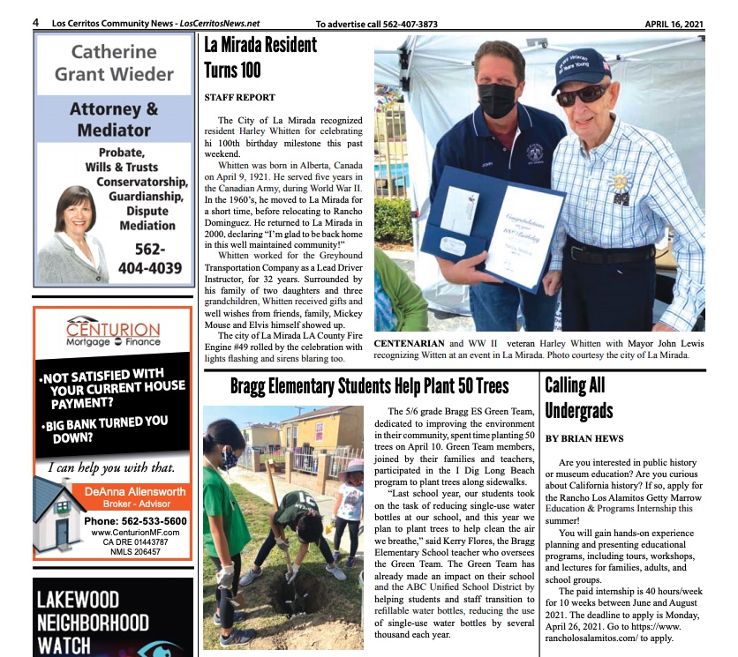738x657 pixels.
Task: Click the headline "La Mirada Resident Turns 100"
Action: click(x=260, y=57)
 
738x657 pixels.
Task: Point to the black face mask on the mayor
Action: click(x=497, y=100)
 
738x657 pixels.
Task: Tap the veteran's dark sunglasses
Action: click(x=582, y=94)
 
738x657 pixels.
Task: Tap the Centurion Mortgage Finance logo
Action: click(x=114, y=330)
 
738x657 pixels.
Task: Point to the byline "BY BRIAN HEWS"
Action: click(x=584, y=438)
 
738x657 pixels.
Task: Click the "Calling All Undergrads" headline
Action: click(x=579, y=398)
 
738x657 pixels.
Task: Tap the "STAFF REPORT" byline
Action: click(x=239, y=97)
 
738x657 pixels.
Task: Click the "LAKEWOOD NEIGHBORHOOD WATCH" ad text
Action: click(x=92, y=623)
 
